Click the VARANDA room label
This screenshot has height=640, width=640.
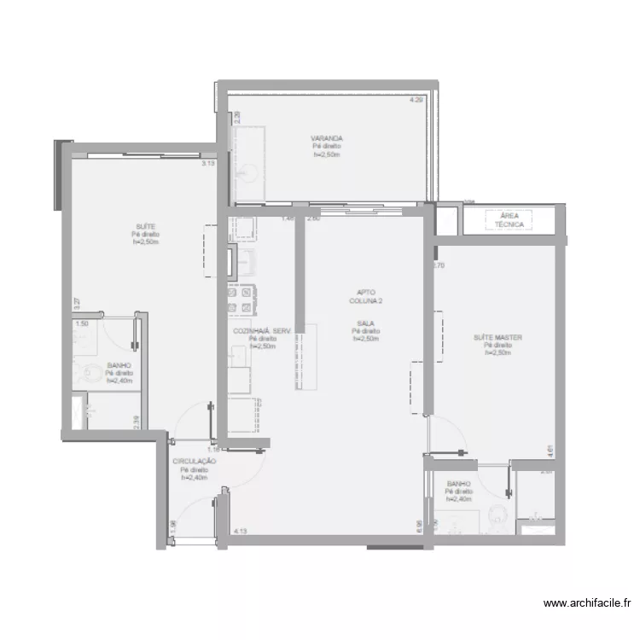pos(327,138)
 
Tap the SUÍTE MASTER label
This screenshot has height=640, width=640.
pos(497,338)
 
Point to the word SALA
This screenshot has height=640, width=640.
pos(364,323)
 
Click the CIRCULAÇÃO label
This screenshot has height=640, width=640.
pos(194,462)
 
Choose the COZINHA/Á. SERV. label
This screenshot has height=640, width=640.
pos(262,331)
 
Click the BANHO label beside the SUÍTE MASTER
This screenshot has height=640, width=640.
pos(458,485)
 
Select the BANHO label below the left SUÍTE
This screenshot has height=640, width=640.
pos(118,365)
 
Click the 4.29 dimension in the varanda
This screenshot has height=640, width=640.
pos(416,100)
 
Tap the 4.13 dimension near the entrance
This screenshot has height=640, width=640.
pos(240,531)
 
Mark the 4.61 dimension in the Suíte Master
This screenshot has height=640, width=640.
pos(552,450)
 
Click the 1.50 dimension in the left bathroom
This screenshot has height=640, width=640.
pos(82,324)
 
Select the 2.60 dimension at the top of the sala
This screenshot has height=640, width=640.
pos(313,218)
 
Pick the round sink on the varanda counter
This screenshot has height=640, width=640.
pos(245,172)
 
